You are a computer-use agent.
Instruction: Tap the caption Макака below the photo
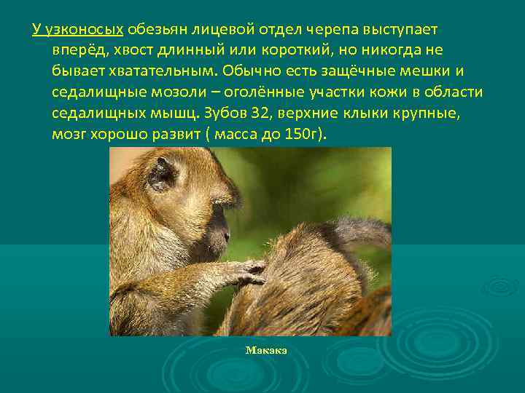click(266, 350)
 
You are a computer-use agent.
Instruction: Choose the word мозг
click(69, 135)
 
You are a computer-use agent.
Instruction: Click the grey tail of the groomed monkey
click(365, 233)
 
